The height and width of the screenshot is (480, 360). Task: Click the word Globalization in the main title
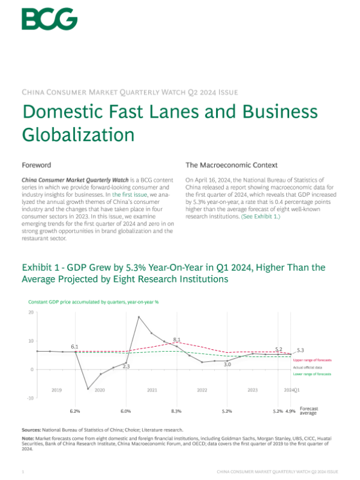(77, 133)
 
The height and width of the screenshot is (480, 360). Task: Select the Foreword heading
(36, 164)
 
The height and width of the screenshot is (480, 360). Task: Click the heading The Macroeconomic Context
(231, 164)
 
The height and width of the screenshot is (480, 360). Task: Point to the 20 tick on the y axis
(31, 313)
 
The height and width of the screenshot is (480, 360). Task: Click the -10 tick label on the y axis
(30, 398)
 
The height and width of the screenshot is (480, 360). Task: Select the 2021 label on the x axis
(152, 390)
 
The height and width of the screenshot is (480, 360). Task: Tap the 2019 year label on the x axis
(56, 390)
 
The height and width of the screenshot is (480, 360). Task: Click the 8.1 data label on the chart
(176, 340)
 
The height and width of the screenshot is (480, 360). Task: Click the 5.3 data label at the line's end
(300, 350)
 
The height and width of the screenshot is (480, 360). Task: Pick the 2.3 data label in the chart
(126, 366)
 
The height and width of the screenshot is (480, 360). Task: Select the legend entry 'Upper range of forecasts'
(312, 359)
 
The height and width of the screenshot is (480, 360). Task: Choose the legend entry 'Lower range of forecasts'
(312, 374)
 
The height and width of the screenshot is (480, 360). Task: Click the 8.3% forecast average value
(176, 412)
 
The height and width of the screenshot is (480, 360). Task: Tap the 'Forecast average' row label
(308, 410)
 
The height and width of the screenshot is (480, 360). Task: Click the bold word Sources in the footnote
(31, 430)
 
